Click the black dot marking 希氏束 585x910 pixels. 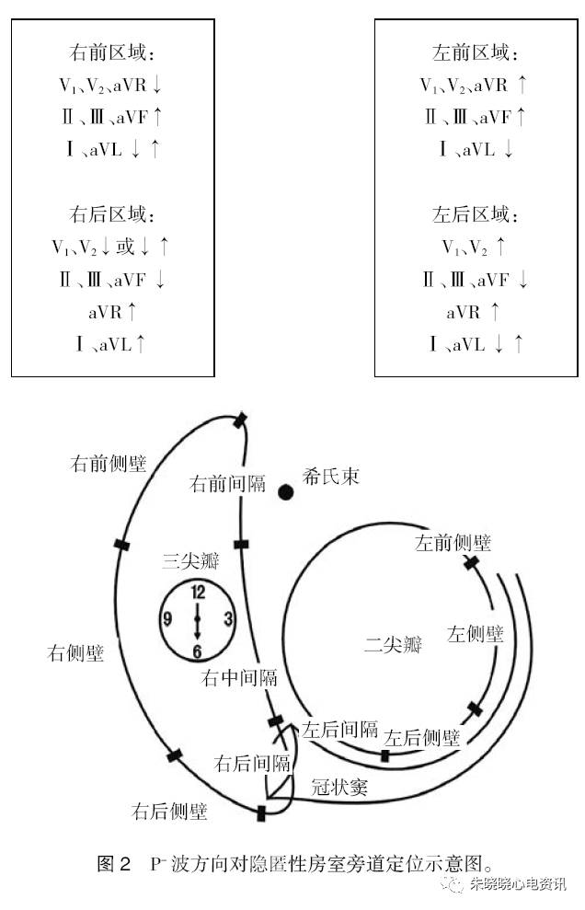286,491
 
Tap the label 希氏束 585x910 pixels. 330,477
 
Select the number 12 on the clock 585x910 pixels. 198,593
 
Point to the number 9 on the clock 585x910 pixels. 167,619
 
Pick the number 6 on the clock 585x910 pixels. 198,651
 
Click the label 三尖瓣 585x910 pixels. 189,559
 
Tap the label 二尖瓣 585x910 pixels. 392,644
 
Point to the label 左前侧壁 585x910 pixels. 453,543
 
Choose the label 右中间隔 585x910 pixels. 239,679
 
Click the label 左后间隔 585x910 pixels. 340,730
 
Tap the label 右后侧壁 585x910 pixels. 169,812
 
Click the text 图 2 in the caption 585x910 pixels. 115,864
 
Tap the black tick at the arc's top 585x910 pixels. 240,420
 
